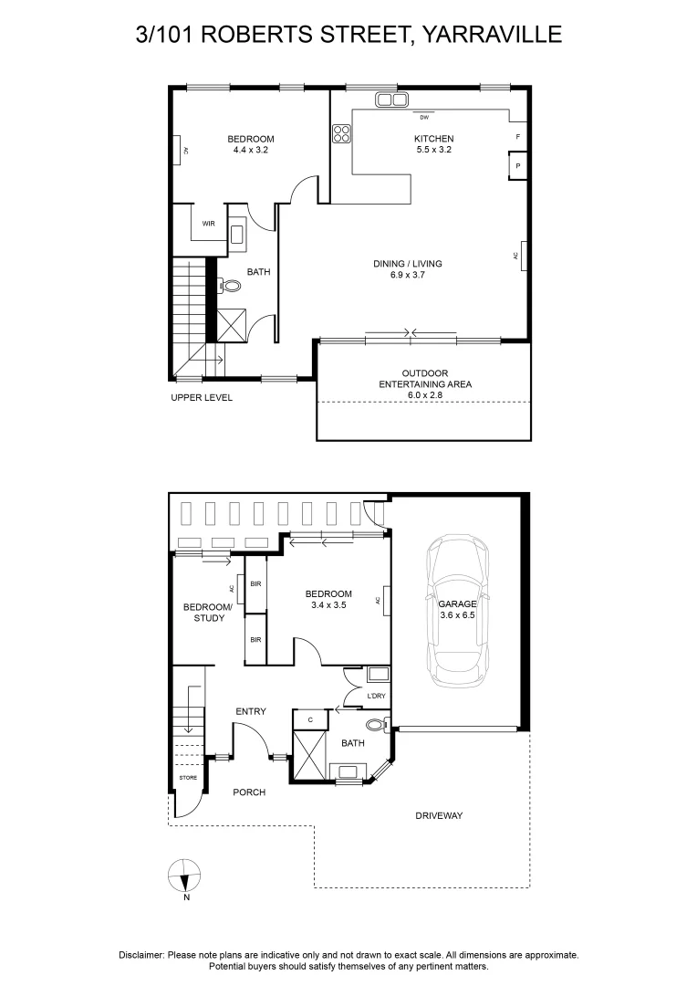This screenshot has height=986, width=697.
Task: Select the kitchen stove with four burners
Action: tap(342, 134)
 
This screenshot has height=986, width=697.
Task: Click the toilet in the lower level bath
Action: tap(375, 726)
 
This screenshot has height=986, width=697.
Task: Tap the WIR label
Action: tap(208, 223)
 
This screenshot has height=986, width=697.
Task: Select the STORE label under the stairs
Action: tap(188, 778)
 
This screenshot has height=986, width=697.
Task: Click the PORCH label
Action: tap(248, 792)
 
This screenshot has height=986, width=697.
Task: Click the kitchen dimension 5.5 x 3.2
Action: tap(433, 150)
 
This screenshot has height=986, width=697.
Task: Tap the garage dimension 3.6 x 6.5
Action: tap(457, 616)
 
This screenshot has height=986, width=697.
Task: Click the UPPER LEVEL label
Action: tap(202, 398)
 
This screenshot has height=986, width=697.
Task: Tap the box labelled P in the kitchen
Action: tap(517, 166)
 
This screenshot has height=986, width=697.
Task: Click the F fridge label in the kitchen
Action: tap(517, 137)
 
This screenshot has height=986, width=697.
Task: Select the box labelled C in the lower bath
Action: tap(311, 720)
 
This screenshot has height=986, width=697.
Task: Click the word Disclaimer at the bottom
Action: tap(141, 955)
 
